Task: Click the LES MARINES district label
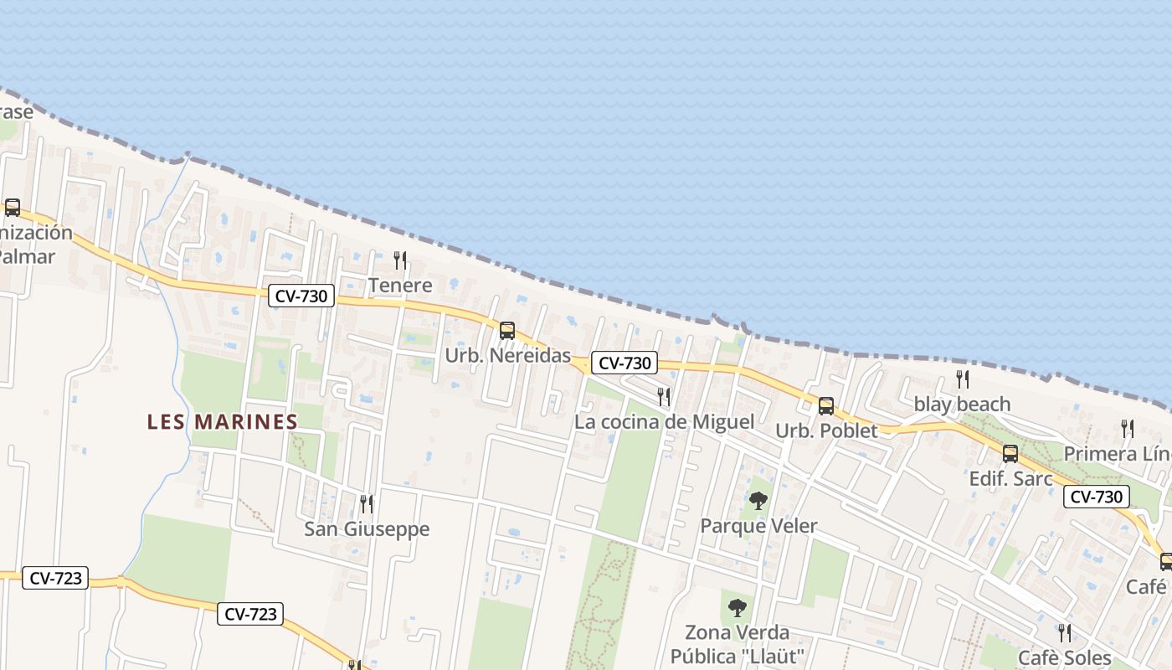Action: (x=222, y=421)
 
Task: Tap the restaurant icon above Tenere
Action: (x=400, y=260)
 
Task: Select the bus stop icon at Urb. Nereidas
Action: (x=507, y=331)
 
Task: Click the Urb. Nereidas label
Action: (x=507, y=355)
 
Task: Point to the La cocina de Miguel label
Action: (x=664, y=421)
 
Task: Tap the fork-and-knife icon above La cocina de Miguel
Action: (x=664, y=396)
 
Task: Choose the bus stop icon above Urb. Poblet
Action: (x=826, y=406)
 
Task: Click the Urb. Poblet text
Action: (x=826, y=430)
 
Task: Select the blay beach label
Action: (x=962, y=405)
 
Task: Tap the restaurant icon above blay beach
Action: (x=962, y=379)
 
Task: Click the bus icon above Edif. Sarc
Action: (x=1010, y=454)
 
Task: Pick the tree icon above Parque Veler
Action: (x=758, y=501)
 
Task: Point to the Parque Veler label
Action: (x=758, y=526)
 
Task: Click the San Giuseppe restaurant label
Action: (x=367, y=528)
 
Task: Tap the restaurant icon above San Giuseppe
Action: (x=367, y=503)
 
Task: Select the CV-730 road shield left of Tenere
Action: (x=301, y=296)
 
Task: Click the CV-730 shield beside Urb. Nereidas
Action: (x=625, y=363)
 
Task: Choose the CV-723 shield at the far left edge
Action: (x=55, y=578)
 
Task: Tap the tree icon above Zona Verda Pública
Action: (x=738, y=607)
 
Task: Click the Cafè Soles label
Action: (x=1064, y=657)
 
